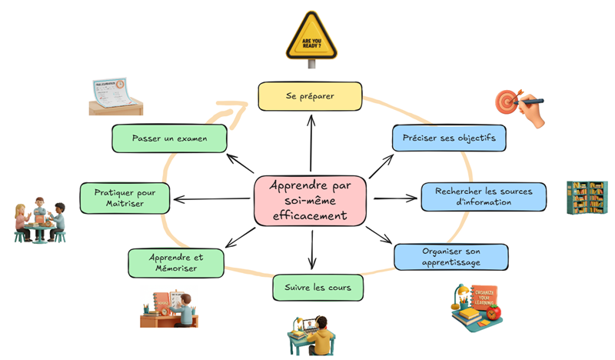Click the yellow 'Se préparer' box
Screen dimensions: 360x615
310,96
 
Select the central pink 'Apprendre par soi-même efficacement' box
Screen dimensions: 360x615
310,202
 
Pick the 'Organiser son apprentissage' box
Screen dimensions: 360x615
450,257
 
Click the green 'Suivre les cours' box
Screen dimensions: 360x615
317,288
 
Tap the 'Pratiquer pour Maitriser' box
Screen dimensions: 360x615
126,197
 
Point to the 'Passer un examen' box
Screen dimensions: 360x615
169,138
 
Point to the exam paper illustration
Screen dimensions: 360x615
115,96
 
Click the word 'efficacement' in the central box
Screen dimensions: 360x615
310,217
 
